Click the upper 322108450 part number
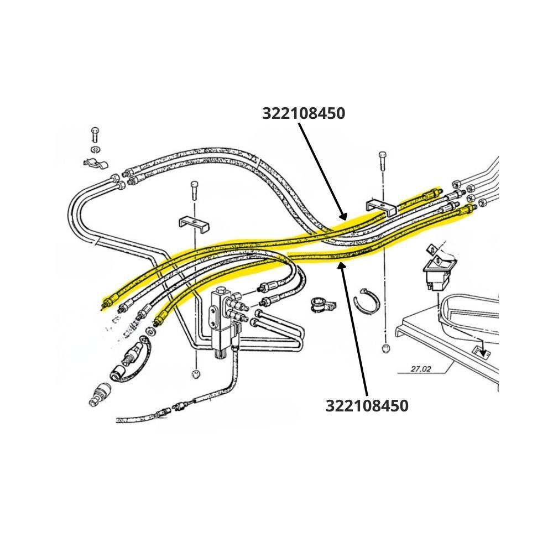[303, 113]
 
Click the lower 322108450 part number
[367, 405]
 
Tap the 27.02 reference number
[421, 369]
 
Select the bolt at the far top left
[95, 135]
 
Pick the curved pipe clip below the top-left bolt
[96, 163]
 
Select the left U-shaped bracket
[194, 225]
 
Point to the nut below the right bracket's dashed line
[386, 348]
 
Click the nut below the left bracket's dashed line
[196, 374]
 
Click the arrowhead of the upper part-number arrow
[343, 217]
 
